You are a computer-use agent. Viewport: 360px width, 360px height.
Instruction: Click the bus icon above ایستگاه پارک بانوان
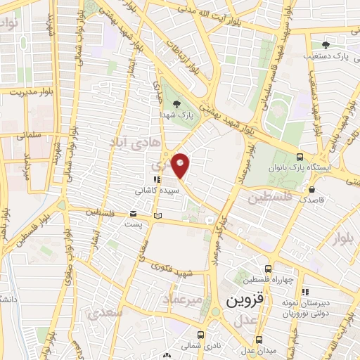click(x=300, y=157)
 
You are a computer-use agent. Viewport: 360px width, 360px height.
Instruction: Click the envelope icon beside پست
click(x=134, y=214)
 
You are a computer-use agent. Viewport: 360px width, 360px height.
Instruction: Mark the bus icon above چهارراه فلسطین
click(x=268, y=268)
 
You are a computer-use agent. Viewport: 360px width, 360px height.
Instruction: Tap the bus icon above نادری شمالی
click(x=201, y=335)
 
